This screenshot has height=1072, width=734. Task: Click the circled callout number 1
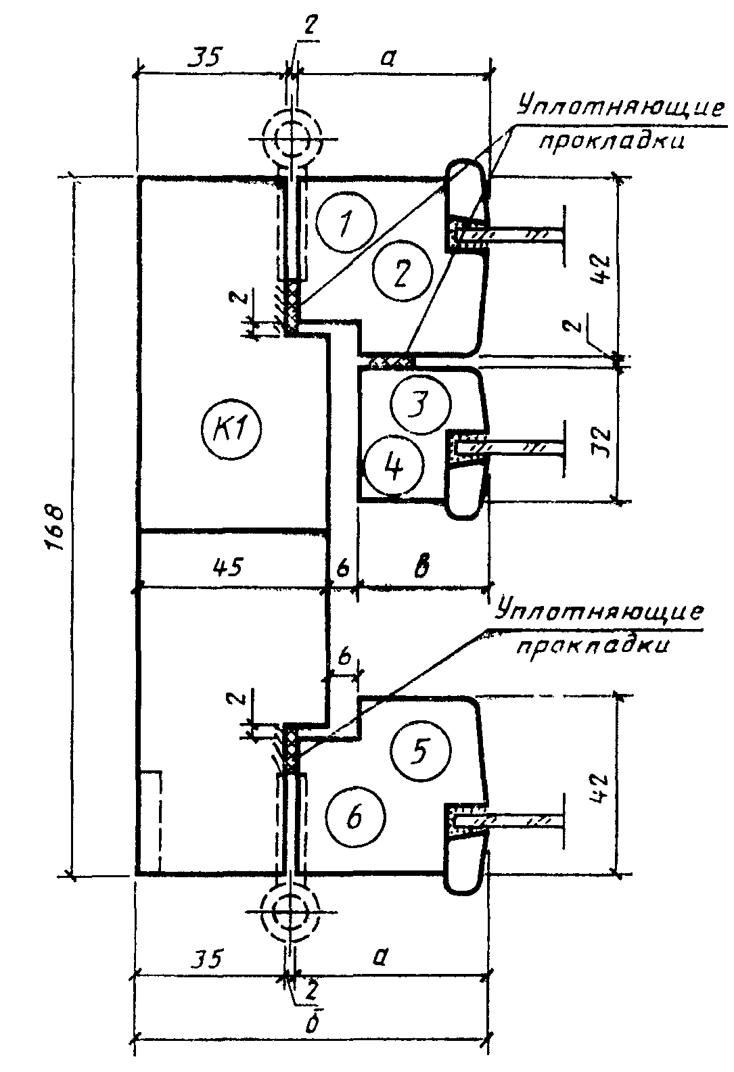click(346, 222)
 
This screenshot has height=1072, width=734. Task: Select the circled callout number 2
click(404, 271)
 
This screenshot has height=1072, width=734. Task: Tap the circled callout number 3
click(421, 404)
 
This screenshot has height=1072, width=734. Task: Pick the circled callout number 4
click(394, 465)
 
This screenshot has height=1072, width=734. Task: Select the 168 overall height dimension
click(56, 526)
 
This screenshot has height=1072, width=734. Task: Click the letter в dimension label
click(422, 565)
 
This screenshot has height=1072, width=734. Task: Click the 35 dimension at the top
click(204, 58)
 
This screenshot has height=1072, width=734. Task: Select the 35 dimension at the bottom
click(207, 959)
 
